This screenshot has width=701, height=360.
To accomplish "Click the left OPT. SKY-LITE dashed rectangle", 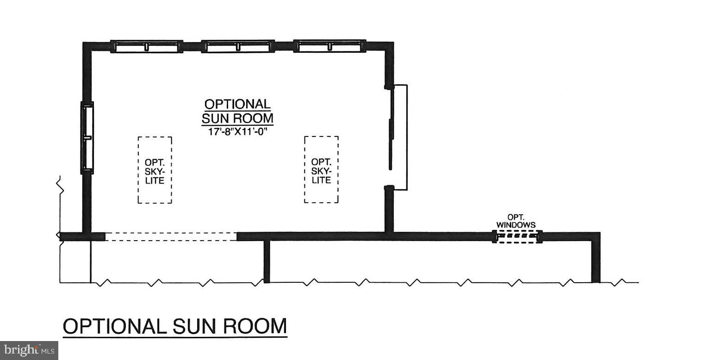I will coord(155,170).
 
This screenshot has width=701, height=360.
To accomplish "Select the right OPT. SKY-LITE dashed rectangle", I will coord(321,169).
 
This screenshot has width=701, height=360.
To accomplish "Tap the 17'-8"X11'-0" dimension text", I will coord(237,131).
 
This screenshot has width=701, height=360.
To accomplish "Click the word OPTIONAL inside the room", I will coord(237,104).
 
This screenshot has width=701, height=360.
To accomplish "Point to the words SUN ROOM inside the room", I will coord(237,118).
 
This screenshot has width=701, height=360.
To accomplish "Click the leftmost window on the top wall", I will coord(146,46).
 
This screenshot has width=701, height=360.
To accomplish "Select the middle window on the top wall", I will coord(238,46).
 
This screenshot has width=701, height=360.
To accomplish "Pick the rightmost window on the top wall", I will coord(329,46).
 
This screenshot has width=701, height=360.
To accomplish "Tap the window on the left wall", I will coord(87,137).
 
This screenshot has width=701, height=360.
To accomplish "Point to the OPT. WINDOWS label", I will coord(516,221).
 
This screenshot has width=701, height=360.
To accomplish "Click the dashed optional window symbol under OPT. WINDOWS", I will coord(516,237).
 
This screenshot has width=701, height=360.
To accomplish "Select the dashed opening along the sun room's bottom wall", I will coord(171,236).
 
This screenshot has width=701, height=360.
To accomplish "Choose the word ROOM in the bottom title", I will coord(255,326).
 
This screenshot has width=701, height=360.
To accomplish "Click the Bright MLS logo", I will coord(29,350).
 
